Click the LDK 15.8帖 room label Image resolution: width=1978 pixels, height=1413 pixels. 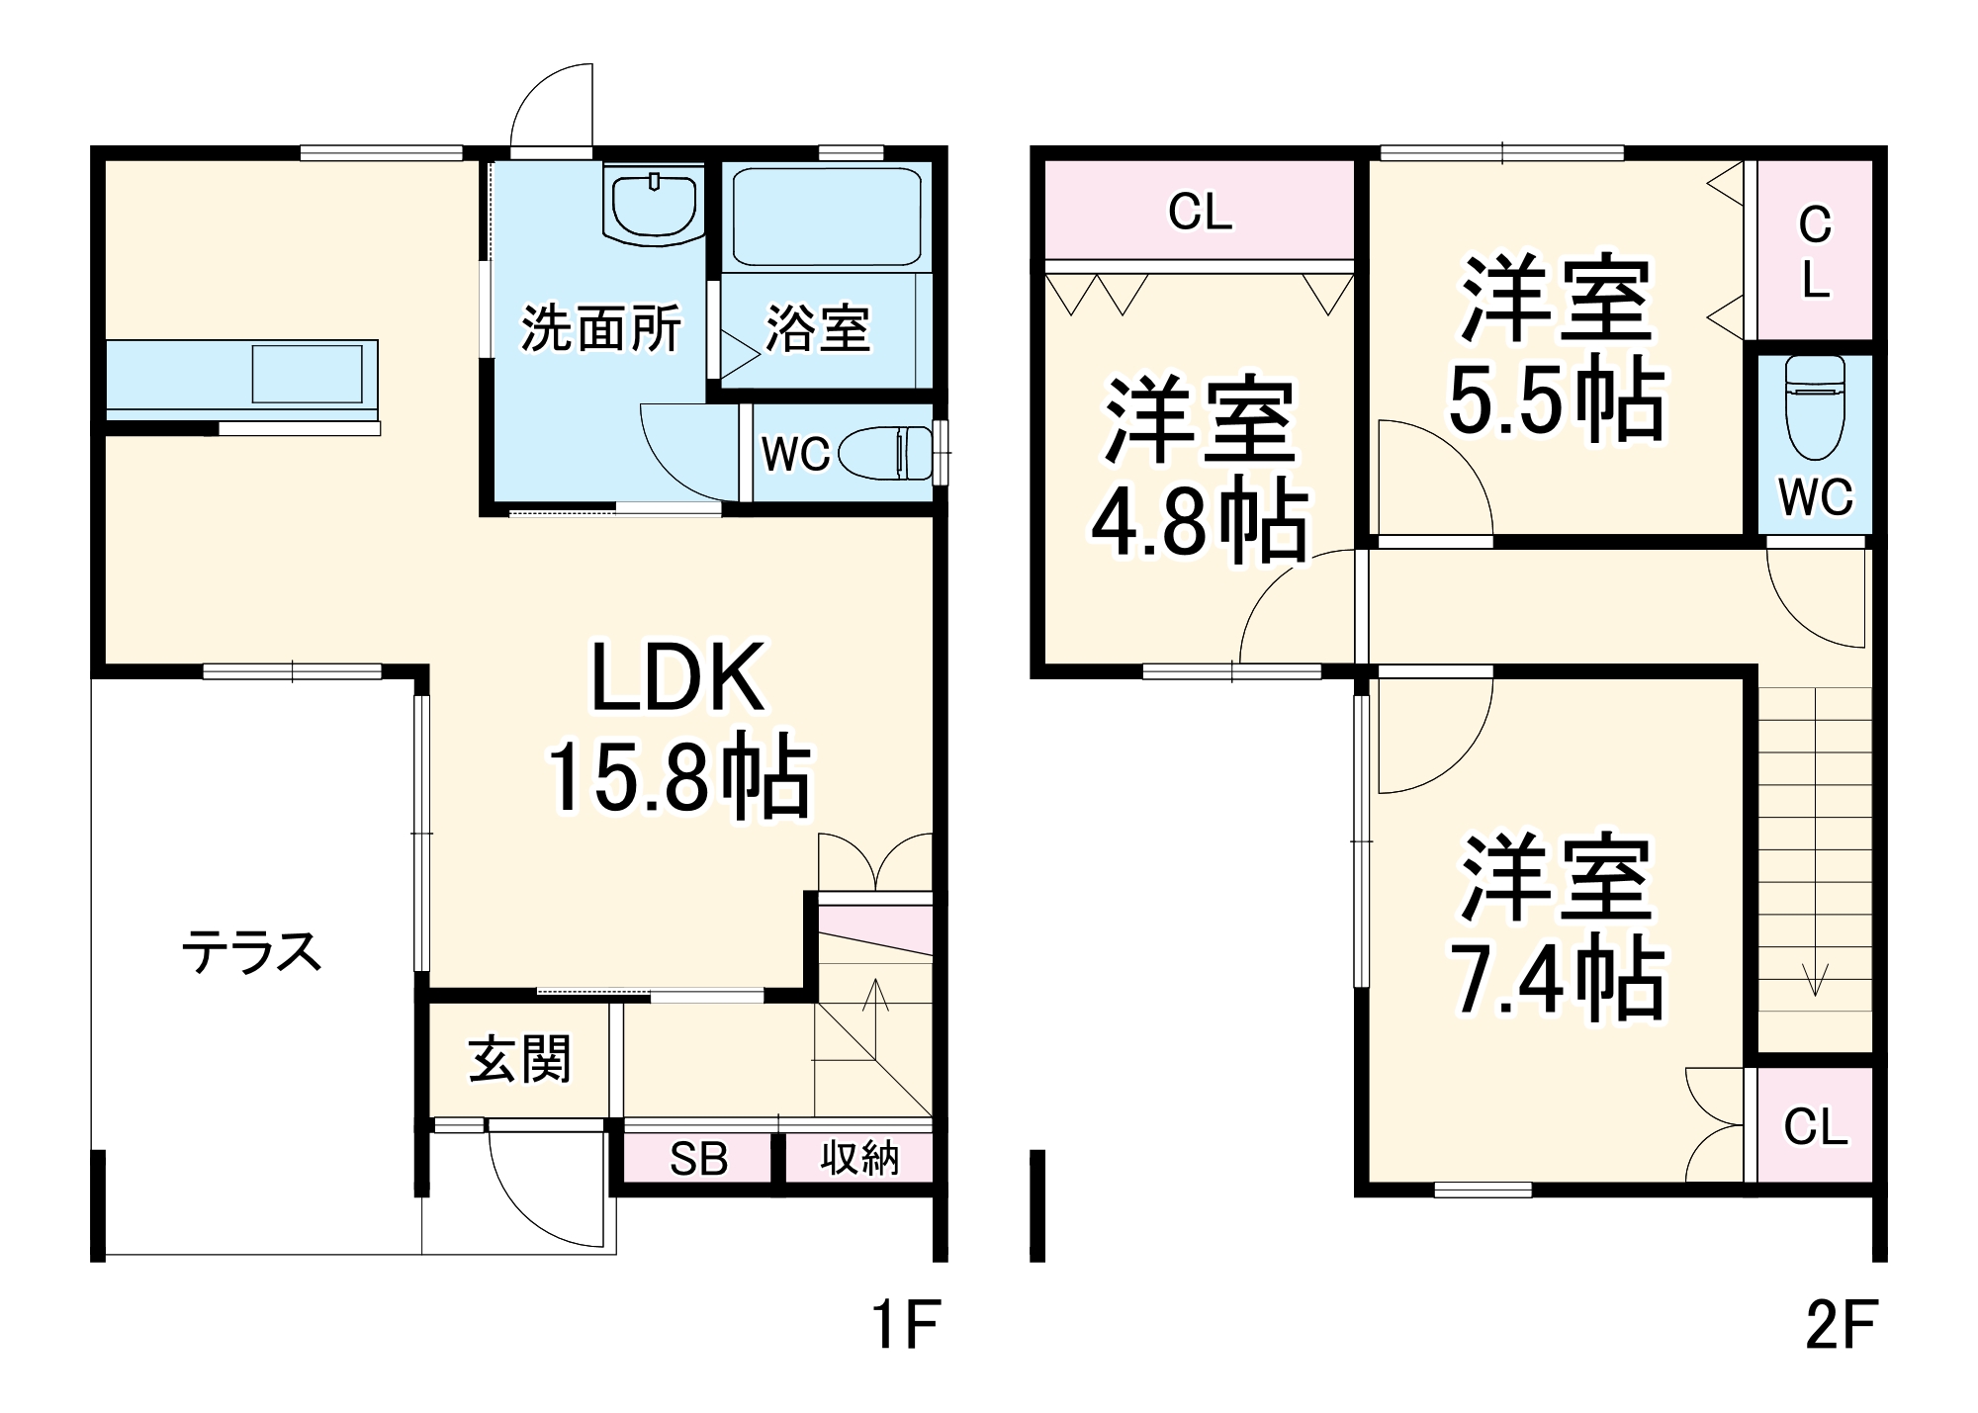point(678,730)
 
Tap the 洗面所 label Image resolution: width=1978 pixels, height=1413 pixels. point(600,328)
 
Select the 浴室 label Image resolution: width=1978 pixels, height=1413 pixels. point(818,328)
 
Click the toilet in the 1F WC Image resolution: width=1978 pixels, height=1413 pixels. point(886,455)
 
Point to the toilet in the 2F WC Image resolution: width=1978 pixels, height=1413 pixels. point(1815,407)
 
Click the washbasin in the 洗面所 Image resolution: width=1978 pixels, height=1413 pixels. point(654,204)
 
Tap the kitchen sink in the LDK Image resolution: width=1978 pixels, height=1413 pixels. point(307,374)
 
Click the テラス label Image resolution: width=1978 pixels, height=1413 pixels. point(252,953)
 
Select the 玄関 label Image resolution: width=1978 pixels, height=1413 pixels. point(520,1060)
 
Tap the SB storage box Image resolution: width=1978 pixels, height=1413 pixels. point(698,1159)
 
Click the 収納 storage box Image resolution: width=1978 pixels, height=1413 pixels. point(859,1158)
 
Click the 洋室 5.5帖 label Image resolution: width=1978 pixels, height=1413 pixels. point(1556,348)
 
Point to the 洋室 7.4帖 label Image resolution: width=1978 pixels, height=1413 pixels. point(1556,927)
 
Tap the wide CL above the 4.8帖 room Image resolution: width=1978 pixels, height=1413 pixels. point(1200,212)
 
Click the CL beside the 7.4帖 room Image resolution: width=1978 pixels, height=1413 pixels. point(1815,1126)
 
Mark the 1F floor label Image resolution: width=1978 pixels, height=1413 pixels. point(904,1325)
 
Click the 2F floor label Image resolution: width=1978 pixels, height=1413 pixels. point(1841,1325)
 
